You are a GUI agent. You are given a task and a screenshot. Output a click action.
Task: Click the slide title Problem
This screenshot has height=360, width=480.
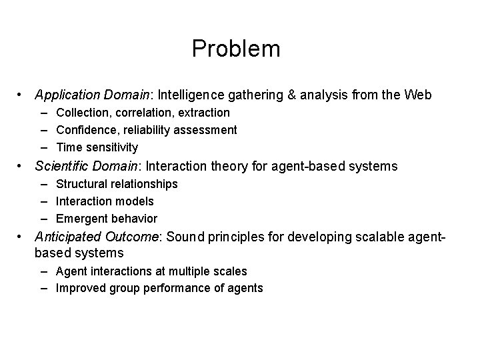(x=236, y=49)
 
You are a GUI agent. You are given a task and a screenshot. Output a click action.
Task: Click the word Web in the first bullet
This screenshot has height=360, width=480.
(x=419, y=95)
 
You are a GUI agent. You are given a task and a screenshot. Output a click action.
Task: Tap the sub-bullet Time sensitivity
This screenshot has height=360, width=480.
(x=97, y=147)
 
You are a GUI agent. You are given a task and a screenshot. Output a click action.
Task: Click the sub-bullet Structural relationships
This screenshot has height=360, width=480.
(x=117, y=183)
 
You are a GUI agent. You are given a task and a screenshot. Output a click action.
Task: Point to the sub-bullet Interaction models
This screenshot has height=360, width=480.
(x=105, y=201)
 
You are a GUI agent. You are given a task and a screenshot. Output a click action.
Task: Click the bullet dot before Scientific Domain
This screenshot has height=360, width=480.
(x=21, y=165)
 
